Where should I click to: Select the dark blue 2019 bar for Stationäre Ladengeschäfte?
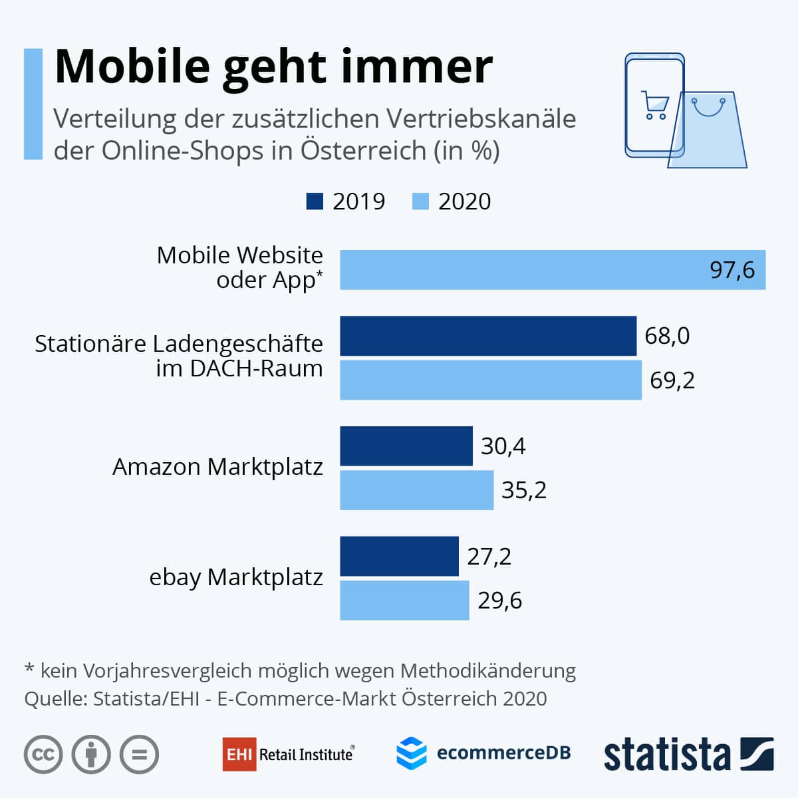click(488, 336)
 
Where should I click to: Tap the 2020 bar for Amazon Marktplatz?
click(417, 490)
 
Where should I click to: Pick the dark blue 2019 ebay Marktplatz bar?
click(399, 556)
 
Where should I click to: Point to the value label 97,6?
click(732, 270)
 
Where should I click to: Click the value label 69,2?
click(672, 380)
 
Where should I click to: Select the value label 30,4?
click(503, 446)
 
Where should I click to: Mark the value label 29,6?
click(500, 600)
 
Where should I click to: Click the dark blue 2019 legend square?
click(315, 201)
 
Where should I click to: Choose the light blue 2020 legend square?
click(420, 201)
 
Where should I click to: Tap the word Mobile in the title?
click(132, 66)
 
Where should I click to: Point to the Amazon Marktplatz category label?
click(217, 467)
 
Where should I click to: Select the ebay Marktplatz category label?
click(236, 577)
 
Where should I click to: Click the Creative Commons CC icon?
click(43, 755)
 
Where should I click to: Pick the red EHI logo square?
click(239, 754)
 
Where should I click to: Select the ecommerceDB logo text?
click(503, 753)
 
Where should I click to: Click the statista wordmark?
click(666, 755)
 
